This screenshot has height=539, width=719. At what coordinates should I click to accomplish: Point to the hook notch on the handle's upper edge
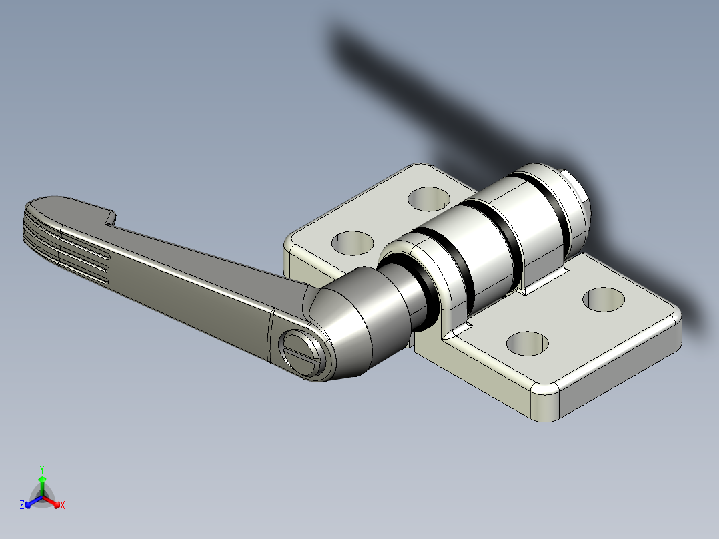pos(110,217)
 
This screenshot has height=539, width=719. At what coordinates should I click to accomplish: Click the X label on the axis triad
pos(63,506)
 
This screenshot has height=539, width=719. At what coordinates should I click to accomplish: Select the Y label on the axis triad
pos(42,469)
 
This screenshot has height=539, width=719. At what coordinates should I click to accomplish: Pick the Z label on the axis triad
pos(21,506)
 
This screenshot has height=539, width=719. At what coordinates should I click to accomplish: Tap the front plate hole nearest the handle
pos(526,342)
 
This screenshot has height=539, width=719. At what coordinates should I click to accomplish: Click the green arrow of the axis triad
pos(42,484)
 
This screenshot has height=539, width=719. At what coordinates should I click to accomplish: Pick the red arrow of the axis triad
pos(53,502)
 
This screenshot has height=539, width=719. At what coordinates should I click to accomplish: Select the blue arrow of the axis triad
pos(31,502)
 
